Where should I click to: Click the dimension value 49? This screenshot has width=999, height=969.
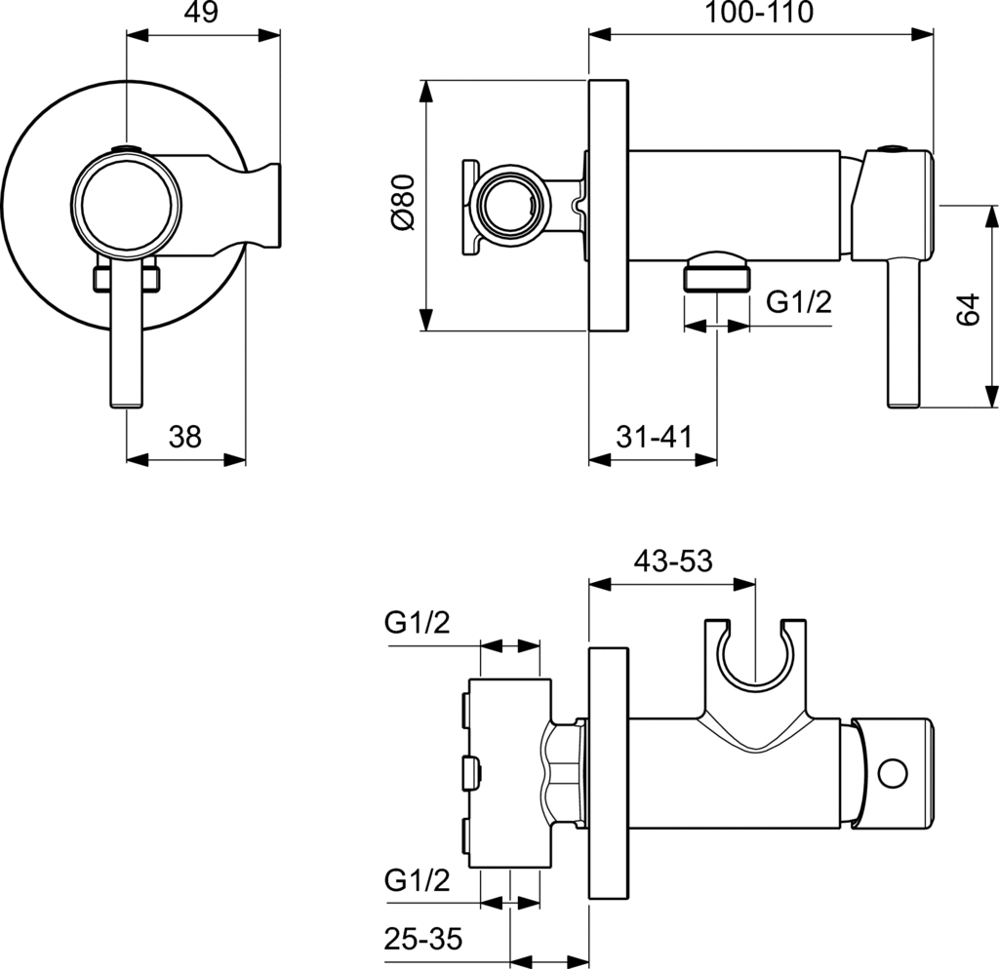pos(203,12)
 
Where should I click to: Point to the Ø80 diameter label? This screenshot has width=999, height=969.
pos(403,203)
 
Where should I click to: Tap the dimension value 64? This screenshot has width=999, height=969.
pos(967,310)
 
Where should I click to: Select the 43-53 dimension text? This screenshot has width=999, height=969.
pos(672,562)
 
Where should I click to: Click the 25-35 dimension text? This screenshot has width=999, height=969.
pos(422,940)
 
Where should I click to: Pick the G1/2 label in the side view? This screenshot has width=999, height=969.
pos(798,301)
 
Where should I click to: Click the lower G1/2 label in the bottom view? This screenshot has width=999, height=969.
pos(417,881)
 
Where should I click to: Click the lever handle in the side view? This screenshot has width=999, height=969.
pos(902,331)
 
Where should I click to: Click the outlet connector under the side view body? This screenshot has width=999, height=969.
pos(718,272)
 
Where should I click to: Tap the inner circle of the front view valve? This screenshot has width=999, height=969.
pos(127,205)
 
